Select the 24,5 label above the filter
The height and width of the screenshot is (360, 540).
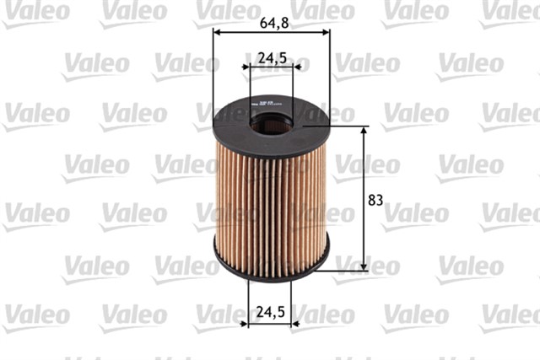[271, 58]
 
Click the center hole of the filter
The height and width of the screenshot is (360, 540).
[271, 121]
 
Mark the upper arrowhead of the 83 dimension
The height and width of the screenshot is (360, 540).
[364, 131]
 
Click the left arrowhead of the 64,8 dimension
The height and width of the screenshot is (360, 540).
[217, 32]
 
